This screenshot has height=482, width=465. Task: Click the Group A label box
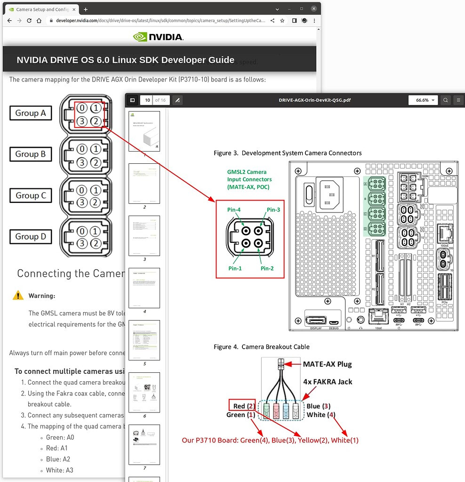31,113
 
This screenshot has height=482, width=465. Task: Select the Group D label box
31,237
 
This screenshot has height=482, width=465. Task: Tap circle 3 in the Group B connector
82,162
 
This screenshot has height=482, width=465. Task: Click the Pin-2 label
267,268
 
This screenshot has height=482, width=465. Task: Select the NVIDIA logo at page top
158,37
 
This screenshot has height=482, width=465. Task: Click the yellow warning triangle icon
18,296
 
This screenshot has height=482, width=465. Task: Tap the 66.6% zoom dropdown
422,100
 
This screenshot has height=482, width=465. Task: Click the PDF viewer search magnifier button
445,100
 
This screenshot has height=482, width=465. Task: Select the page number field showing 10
147,100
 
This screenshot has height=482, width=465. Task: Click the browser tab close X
74,9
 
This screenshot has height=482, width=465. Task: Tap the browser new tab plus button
85,9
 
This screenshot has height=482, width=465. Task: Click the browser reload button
29,21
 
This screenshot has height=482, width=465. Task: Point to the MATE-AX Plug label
327,364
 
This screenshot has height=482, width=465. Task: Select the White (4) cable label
321,415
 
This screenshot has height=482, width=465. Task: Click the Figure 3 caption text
288,153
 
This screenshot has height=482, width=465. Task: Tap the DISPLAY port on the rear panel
316,321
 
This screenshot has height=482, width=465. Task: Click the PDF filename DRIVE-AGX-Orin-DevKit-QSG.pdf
314,100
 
